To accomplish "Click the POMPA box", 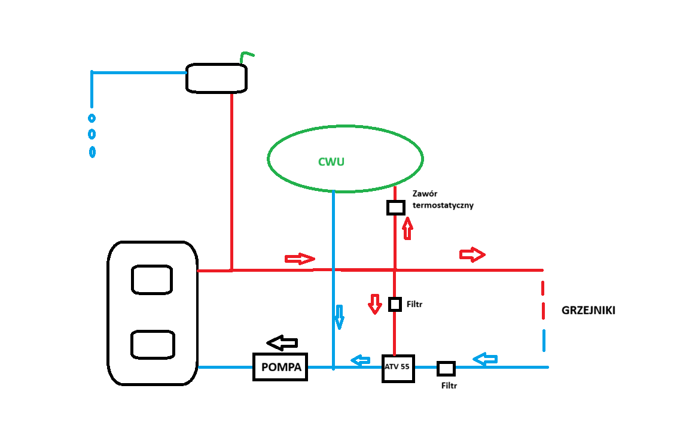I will pos(281,366).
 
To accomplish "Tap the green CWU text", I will pos(331,162).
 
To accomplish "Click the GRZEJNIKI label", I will pos(589,311).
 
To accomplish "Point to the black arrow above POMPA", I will pos(282,343).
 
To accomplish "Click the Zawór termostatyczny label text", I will pos(443,200).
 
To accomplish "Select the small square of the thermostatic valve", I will pos(395,207).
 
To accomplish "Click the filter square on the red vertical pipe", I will pos(395,304).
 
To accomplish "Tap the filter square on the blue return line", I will pos(446,368).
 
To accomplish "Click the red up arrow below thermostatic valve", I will pos(408,229).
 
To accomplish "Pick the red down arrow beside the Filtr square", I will pos(374,304).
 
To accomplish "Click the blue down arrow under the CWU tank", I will pos(339,317).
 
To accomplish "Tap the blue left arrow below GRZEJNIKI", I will pos(485,359).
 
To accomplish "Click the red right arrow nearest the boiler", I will pos(300,259).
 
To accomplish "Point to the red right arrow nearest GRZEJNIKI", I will pos(472,254).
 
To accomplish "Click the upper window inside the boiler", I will pos(152,280).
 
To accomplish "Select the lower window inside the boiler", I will pos(153,344).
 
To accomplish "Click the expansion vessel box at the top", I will pos(217,78).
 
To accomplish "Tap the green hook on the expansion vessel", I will pos(246,56).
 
